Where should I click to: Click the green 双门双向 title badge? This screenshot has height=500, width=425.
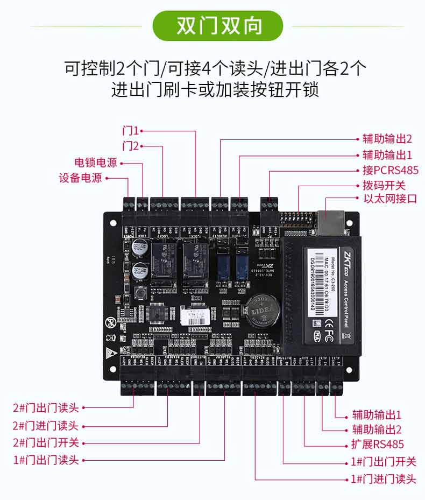click(x=218, y=26)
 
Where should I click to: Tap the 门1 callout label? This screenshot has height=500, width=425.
click(x=130, y=130)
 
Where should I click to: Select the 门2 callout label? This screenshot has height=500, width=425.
click(x=130, y=146)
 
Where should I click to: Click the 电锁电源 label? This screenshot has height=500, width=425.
click(x=95, y=163)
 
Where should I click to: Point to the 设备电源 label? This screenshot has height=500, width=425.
click(x=80, y=178)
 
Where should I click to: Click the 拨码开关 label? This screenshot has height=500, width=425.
click(x=384, y=186)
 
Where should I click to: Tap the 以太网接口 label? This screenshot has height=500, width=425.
click(x=390, y=199)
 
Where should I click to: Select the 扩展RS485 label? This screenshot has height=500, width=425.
click(x=381, y=444)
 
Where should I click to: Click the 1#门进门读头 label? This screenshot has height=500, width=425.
click(x=384, y=479)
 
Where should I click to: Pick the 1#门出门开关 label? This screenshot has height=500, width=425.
click(x=384, y=462)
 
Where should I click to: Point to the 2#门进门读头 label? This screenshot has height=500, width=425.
click(x=46, y=426)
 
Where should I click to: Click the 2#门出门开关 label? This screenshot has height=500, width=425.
click(x=46, y=443)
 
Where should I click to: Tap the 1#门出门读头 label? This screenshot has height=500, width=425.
click(x=46, y=460)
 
